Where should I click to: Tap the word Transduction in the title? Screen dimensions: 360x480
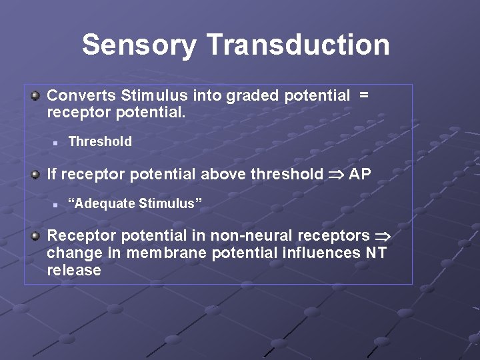tap(298, 45)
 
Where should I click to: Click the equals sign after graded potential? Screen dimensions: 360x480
tap(363, 95)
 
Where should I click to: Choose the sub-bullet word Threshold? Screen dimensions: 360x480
tap(100, 141)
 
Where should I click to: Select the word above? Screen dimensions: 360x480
tap(223, 174)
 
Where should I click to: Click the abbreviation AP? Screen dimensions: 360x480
tap(360, 174)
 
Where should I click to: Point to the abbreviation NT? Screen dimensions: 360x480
tap(375, 253)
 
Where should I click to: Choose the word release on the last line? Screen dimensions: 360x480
tap(74, 270)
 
